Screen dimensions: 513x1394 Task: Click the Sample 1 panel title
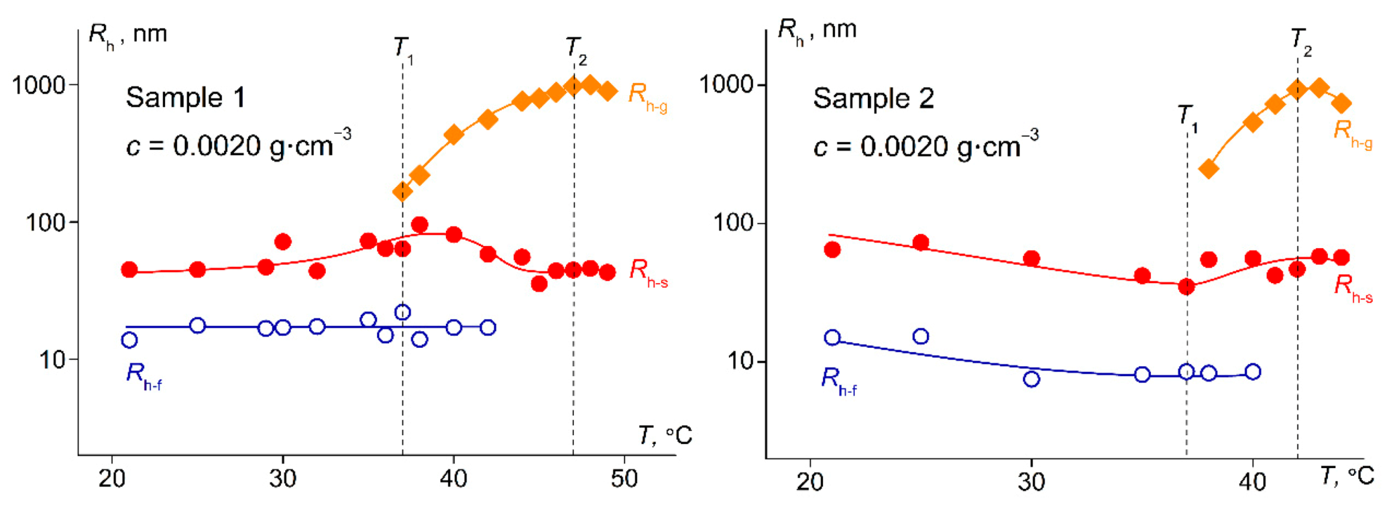(x=185, y=97)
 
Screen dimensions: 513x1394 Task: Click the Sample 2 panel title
(x=873, y=98)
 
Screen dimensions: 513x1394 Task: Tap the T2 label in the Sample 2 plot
(x=1300, y=41)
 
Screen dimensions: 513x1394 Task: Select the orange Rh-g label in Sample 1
(x=647, y=96)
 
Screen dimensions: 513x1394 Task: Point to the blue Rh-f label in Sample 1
(x=143, y=376)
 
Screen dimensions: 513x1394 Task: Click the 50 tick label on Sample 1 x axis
(x=624, y=478)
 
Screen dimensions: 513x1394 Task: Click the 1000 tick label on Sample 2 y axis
(x=726, y=84)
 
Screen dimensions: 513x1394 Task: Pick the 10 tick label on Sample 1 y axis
(x=52, y=360)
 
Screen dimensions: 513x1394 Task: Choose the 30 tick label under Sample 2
(x=1031, y=482)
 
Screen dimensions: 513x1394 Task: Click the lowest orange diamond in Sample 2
(x=1208, y=169)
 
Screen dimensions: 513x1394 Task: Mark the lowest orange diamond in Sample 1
(x=402, y=192)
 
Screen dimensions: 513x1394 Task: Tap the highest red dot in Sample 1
(x=419, y=225)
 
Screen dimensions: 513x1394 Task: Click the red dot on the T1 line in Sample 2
(x=1186, y=287)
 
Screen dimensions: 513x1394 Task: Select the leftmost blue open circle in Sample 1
(x=129, y=340)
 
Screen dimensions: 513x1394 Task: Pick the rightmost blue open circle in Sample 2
(x=1253, y=371)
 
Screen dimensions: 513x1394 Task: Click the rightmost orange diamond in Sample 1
(x=607, y=91)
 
